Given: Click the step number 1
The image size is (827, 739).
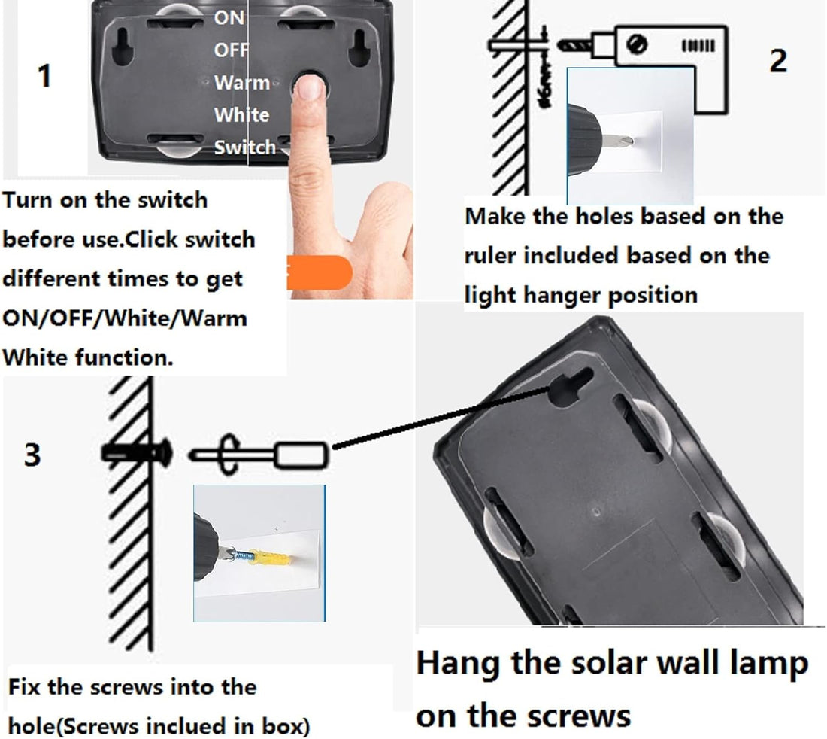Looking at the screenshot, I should [45, 76].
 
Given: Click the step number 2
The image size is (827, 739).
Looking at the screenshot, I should [778, 60].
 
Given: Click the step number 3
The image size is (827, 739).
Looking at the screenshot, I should [32, 455].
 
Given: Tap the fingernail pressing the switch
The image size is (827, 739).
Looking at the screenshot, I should [308, 88].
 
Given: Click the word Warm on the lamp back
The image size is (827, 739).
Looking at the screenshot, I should [241, 81].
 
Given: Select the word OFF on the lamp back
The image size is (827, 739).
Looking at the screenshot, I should [231, 50].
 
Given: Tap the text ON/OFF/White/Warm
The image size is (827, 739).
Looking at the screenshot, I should [125, 317].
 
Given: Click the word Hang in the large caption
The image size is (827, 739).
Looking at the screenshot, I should [451, 664].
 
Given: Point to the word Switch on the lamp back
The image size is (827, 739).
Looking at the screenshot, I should [245, 147].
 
